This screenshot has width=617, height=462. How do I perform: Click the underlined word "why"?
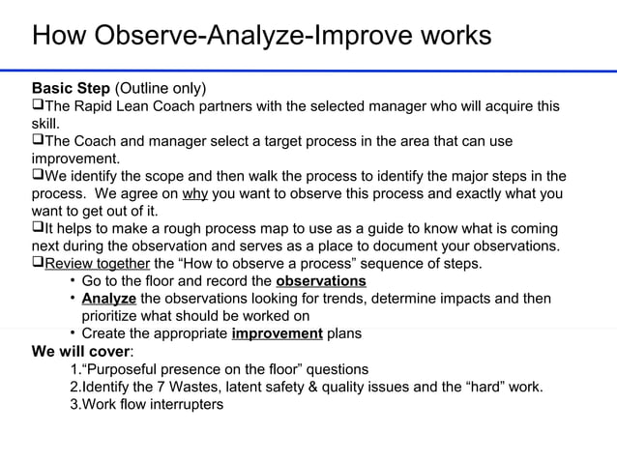[x=195, y=194]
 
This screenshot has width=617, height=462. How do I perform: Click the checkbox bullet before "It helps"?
[x=38, y=229]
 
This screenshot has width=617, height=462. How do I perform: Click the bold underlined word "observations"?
[x=321, y=281]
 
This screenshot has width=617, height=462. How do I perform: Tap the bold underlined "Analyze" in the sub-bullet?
[x=109, y=299]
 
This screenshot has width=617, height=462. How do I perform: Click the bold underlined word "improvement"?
[x=278, y=333]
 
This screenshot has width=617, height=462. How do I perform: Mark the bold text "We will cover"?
[x=80, y=351]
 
